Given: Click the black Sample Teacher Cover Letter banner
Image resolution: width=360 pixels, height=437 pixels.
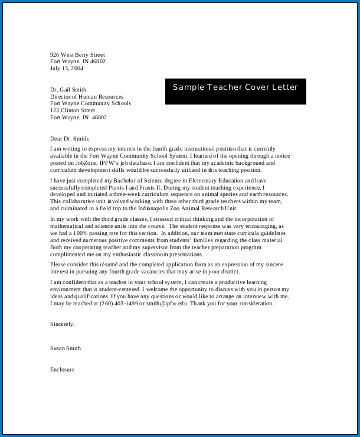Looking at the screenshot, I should tap(235, 91).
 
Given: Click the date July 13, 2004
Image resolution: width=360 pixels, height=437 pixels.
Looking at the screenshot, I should tap(67, 69).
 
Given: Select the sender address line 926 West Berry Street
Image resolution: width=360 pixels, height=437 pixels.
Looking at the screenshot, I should tap(77, 55).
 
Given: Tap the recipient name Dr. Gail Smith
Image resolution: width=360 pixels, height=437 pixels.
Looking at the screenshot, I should tap(68, 90).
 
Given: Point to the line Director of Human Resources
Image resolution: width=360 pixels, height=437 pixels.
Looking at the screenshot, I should tap(87, 97).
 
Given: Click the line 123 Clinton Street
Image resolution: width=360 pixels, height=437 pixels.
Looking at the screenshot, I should tap(73, 110).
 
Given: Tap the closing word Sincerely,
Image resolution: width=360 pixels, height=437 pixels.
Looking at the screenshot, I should tap(63, 324).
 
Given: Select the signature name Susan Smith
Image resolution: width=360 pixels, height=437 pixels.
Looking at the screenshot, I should tap(66, 348).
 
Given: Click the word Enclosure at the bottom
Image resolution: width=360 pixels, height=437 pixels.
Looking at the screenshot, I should tap(63, 370).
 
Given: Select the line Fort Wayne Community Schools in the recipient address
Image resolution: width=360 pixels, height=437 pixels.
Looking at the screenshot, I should tap(90, 103).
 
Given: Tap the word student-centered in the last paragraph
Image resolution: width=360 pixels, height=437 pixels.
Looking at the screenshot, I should tap(120, 290).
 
